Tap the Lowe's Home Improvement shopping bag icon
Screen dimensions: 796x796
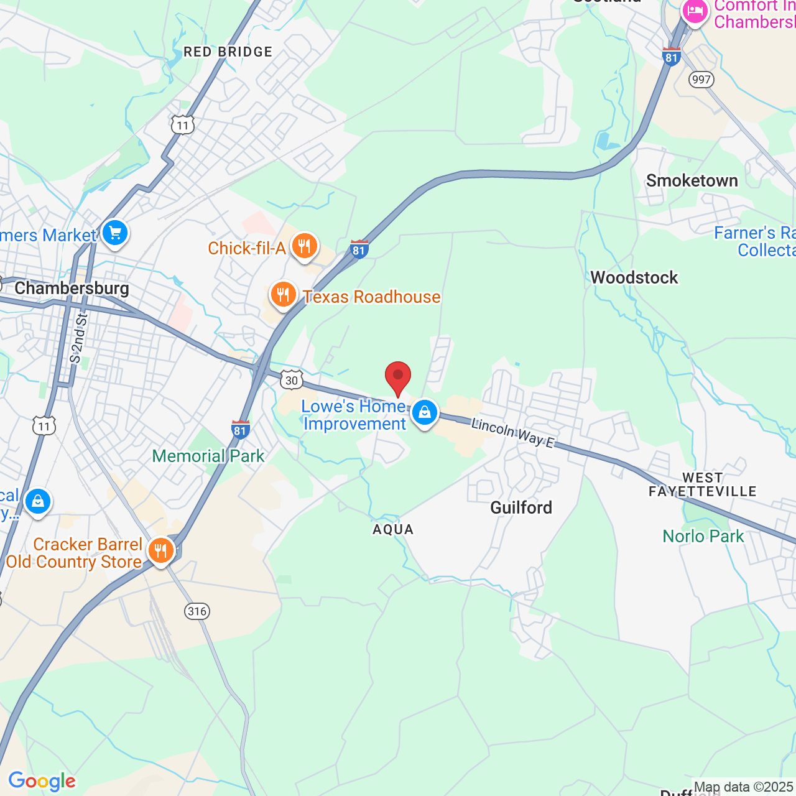pyautogui.click(x=425, y=412)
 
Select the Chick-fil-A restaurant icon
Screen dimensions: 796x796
pyautogui.click(x=304, y=246)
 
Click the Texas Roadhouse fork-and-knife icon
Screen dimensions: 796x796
pyautogui.click(x=283, y=295)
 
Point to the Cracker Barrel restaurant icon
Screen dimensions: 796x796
pyautogui.click(x=160, y=550)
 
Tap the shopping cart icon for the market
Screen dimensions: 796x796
pyautogui.click(x=115, y=233)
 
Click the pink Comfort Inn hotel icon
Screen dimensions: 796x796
pyautogui.click(x=695, y=11)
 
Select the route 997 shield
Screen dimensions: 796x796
pyautogui.click(x=701, y=80)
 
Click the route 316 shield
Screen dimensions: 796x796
pyautogui.click(x=197, y=611)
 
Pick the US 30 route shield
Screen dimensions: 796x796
pyautogui.click(x=291, y=380)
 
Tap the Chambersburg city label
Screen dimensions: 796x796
pyautogui.click(x=72, y=289)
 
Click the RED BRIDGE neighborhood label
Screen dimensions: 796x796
pyautogui.click(x=228, y=52)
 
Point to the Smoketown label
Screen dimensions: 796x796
pyautogui.click(x=692, y=181)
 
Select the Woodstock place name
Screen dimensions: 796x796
pyautogui.click(x=634, y=277)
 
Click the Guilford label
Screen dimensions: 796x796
pyautogui.click(x=521, y=508)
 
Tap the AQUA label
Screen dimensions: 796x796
pyautogui.click(x=393, y=530)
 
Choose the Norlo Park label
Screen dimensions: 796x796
pyautogui.click(x=703, y=536)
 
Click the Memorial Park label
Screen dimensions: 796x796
pyautogui.click(x=208, y=456)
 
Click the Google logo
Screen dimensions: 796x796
pyautogui.click(x=42, y=781)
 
